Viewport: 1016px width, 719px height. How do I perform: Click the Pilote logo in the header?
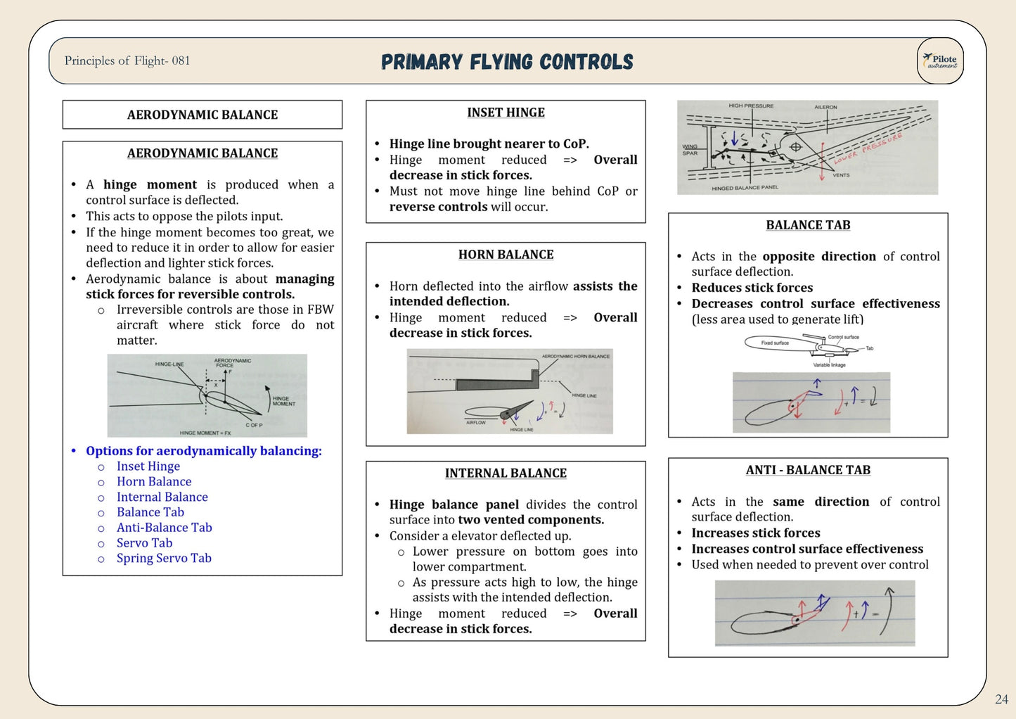point(940,61)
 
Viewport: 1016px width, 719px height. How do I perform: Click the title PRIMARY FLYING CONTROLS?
point(507,62)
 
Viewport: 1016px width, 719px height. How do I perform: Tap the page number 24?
point(1001,699)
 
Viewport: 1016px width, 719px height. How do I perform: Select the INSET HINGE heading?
point(506,113)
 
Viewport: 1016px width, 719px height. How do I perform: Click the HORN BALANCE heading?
point(506,255)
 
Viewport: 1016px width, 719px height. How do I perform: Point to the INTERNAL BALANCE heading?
point(506,473)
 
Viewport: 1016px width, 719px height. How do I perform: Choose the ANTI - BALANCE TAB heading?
point(808,470)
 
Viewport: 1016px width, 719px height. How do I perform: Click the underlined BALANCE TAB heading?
point(808,225)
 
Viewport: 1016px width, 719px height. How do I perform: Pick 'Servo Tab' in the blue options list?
point(144,543)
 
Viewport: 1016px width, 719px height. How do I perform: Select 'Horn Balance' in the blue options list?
point(154,482)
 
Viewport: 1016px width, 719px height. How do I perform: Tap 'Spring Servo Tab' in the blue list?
point(164,559)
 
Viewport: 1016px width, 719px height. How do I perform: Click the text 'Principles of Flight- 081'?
point(127,61)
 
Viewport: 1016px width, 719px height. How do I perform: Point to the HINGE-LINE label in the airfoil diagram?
point(169,364)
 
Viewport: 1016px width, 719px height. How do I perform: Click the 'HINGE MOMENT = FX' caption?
point(205,433)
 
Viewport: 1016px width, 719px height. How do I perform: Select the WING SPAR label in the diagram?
point(690,150)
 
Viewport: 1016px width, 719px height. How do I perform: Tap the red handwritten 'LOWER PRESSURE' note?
point(868,148)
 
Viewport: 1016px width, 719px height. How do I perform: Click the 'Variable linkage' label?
point(829,365)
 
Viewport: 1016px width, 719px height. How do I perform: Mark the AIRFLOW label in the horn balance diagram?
point(476,423)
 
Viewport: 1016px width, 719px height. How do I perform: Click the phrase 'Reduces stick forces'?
point(752,288)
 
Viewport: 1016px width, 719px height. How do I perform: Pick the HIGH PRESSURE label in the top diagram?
point(750,106)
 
